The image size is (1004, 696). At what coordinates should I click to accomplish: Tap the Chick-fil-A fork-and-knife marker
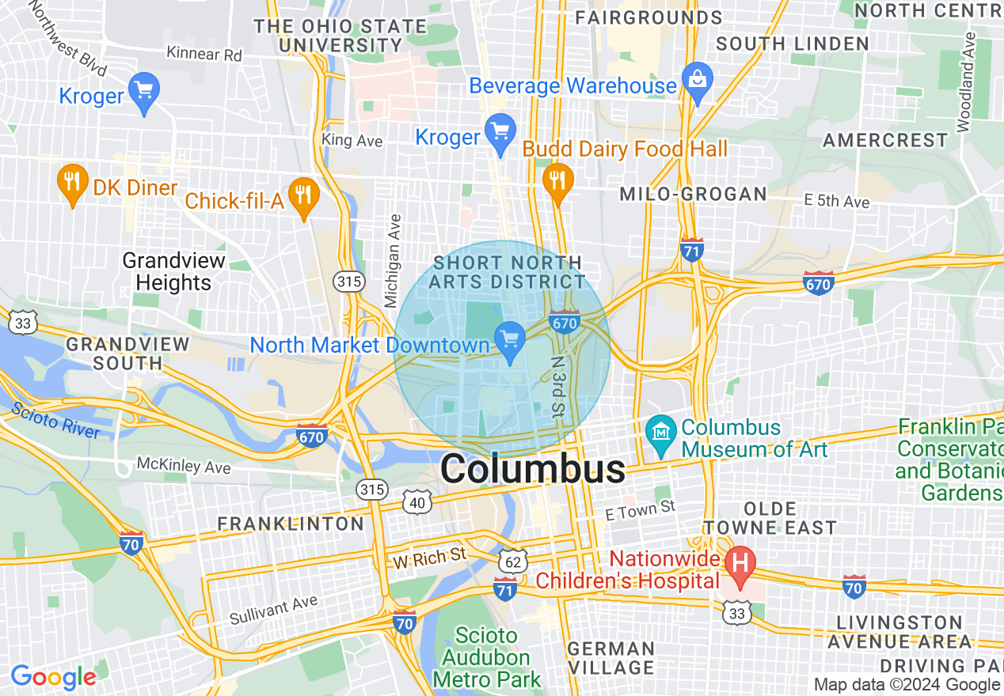(x=303, y=195)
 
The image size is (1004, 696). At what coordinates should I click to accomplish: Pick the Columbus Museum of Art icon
(x=660, y=432)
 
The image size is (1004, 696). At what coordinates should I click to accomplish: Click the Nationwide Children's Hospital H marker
(x=740, y=565)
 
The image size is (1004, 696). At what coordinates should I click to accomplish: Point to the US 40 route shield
(x=417, y=501)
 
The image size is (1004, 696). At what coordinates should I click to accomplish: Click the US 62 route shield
(x=513, y=561)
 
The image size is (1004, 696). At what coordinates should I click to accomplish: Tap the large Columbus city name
(x=532, y=470)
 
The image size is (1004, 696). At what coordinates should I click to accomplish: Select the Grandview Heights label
(x=173, y=271)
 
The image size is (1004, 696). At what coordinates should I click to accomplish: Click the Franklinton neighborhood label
(x=290, y=524)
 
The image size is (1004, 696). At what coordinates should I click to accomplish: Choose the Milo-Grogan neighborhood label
(x=693, y=194)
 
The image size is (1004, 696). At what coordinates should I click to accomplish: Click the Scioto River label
(x=55, y=420)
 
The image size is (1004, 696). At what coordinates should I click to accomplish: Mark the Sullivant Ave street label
(x=273, y=610)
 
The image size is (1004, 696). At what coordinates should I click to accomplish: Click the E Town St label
(x=640, y=511)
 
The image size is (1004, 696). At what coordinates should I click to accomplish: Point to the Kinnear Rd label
(x=204, y=54)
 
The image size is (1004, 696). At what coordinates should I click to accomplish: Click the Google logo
(x=53, y=677)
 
